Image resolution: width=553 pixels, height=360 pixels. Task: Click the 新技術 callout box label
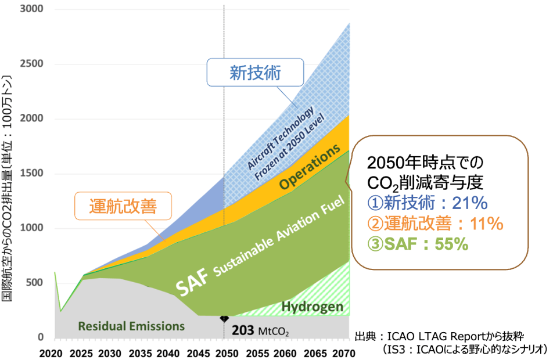click(x=255, y=73)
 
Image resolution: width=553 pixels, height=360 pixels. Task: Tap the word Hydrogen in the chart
click(x=313, y=307)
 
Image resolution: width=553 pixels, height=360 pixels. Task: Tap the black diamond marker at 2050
click(x=224, y=319)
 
